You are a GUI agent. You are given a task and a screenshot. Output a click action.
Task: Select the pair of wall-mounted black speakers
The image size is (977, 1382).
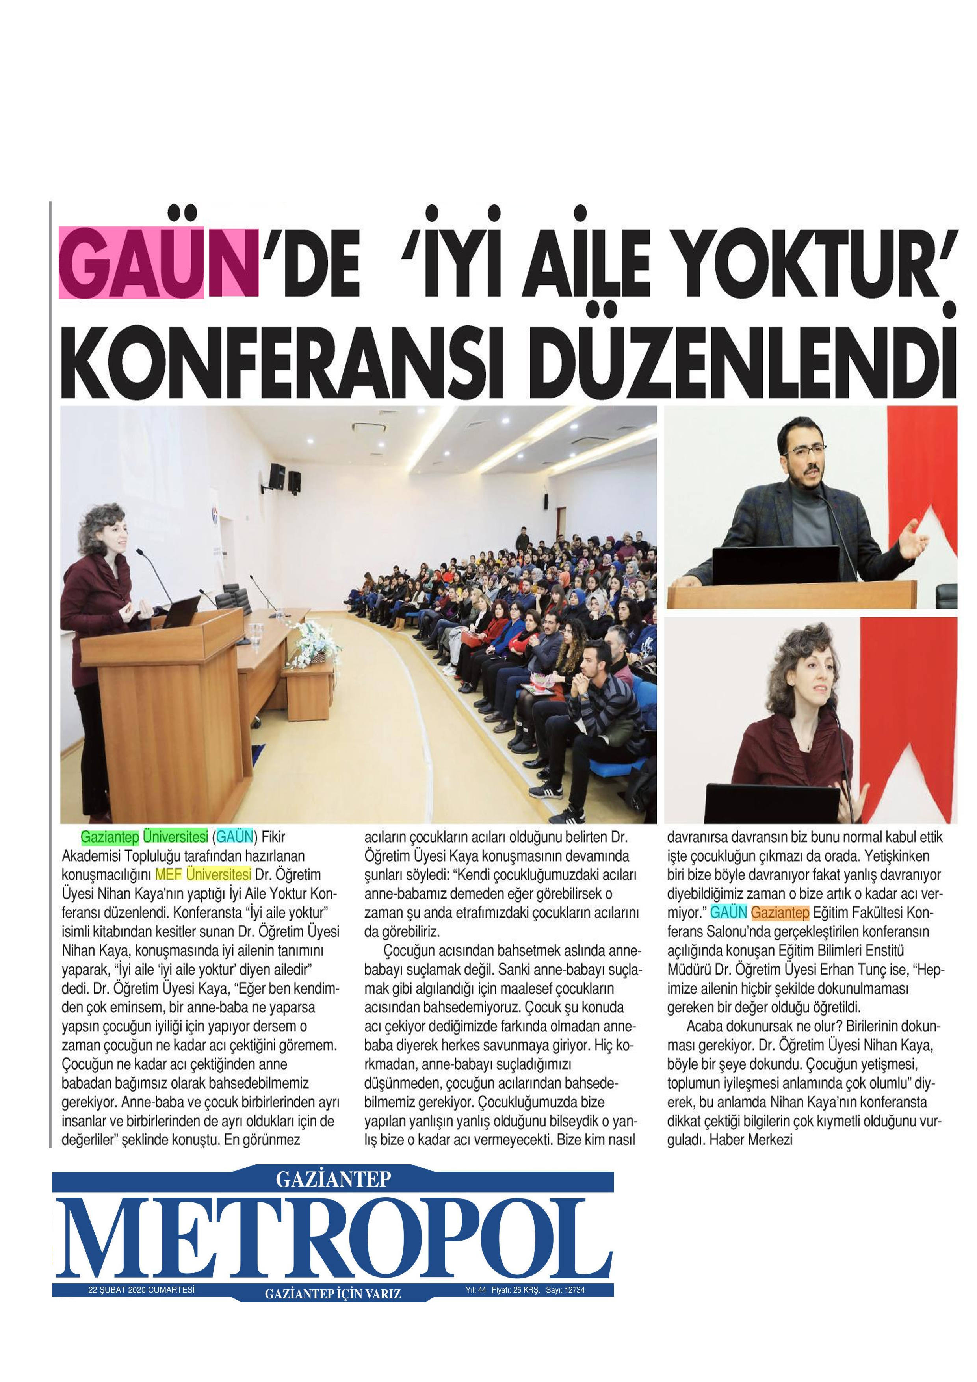pos(285,477)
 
